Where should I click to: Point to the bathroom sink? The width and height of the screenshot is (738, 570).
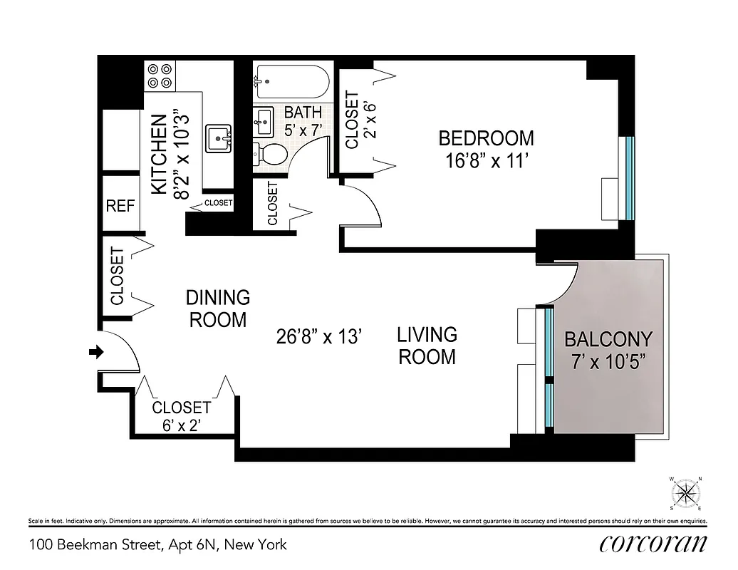[264, 123]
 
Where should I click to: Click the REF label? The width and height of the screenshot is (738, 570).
[120, 207]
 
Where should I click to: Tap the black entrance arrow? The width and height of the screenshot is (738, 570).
[95, 351]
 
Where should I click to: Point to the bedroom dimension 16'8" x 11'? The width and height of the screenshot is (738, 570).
[486, 161]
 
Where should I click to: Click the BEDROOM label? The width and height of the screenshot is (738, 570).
[486, 138]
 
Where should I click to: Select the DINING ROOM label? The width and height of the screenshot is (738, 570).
[218, 309]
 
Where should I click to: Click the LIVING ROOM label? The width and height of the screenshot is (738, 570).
[427, 345]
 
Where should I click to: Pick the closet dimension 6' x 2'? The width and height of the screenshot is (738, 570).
[182, 425]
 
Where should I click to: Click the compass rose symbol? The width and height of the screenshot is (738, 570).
[686, 493]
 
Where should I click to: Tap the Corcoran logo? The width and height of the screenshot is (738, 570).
[653, 544]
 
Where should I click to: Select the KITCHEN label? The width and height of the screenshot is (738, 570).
[160, 153]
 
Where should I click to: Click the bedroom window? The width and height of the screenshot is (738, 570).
[629, 178]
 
